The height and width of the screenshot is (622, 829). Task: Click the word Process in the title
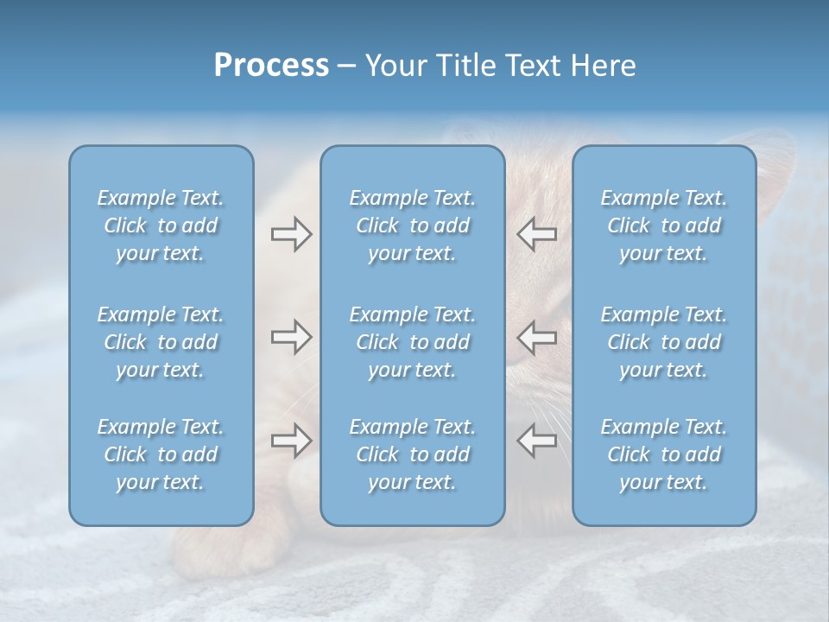271,66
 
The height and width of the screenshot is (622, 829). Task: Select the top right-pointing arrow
291,234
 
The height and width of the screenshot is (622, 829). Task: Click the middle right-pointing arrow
291,337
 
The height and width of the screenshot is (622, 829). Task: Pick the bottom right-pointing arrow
291,441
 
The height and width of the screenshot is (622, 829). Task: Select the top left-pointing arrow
536,234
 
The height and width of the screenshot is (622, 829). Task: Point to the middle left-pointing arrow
536,337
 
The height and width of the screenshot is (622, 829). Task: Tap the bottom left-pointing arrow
536,441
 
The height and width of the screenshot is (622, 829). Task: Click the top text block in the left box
161,225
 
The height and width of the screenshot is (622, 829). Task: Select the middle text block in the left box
161,342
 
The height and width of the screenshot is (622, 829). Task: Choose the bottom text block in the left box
161,454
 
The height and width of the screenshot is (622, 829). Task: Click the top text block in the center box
413,225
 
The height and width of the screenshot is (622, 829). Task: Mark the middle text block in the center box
413,342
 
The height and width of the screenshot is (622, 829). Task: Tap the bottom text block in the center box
413,454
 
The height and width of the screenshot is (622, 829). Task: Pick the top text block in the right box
664,225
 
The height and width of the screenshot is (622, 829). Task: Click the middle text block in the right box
664,342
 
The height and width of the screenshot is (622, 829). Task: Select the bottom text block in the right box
664,454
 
